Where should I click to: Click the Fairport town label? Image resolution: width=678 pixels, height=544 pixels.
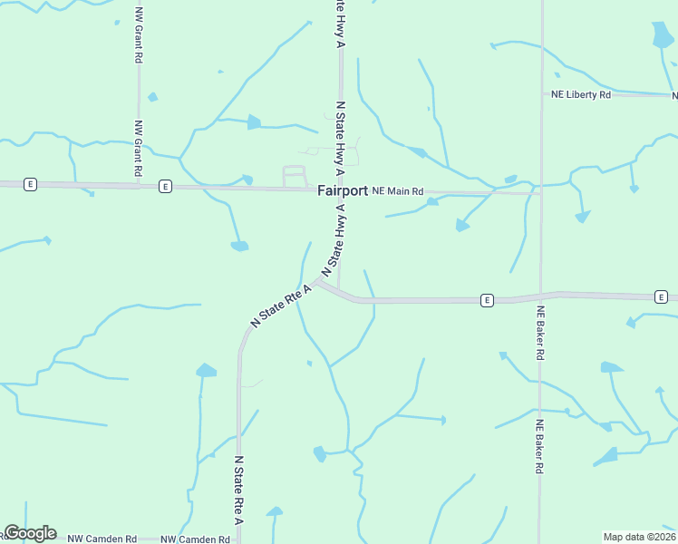point(343,191)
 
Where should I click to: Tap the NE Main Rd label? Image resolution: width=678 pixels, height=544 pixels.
point(398,191)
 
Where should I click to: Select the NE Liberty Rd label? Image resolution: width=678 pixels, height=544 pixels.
point(581,94)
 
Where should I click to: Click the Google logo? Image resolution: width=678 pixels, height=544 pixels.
point(30,533)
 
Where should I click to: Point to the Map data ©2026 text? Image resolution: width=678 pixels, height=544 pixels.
point(639,537)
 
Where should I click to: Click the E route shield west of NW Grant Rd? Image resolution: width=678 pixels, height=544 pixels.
point(31,184)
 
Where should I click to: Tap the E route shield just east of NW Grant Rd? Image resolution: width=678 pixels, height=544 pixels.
point(165,186)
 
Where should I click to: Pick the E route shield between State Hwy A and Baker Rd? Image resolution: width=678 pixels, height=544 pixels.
point(487,300)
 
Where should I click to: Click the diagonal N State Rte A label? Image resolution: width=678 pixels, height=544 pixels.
point(281,306)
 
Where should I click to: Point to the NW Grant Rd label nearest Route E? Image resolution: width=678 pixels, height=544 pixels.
point(139,149)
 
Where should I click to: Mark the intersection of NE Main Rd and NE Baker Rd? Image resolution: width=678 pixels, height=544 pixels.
point(541,192)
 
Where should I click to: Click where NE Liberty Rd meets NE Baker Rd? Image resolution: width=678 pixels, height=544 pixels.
point(541,94)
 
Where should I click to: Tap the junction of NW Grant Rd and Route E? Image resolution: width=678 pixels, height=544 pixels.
point(139,186)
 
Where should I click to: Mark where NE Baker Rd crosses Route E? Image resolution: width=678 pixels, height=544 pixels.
point(541,296)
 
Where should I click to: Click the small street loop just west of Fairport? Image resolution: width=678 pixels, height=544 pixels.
point(295,176)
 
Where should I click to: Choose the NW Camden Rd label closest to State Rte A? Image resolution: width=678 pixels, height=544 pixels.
point(195,539)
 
